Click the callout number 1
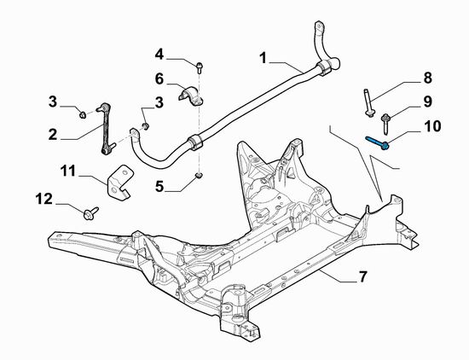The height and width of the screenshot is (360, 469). click(x=263, y=57)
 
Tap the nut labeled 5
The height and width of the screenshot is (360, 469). click(x=198, y=176)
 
